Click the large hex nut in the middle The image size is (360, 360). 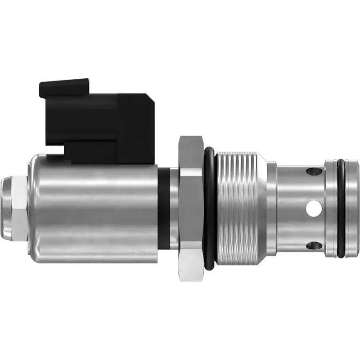pos(191,208)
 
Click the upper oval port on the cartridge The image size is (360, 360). pos(314,171)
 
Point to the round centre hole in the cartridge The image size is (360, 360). pos(314,208)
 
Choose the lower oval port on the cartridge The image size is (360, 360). pos(314,246)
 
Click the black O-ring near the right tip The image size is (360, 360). pos(341,208)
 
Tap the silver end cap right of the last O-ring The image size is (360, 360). pos(353,208)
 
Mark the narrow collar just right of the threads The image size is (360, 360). pos(272,208)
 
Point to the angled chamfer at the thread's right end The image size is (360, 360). pos(261,208)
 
